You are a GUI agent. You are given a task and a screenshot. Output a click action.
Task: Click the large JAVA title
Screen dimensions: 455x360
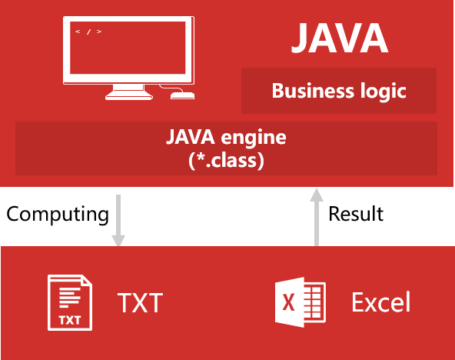340,38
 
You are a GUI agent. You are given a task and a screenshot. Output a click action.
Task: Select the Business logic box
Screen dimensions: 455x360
339,91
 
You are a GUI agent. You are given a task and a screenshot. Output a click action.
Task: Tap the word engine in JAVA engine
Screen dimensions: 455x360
254,138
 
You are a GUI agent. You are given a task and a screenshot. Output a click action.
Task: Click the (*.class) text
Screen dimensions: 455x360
226,160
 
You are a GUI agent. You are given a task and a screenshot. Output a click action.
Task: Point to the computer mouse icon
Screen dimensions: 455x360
182,95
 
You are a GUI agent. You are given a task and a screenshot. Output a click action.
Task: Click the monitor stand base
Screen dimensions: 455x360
129,95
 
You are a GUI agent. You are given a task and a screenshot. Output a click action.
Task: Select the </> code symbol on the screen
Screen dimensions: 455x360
88,32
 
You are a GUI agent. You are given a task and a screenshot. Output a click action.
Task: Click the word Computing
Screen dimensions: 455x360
58,215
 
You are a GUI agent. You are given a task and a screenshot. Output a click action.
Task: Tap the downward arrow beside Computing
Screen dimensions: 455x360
118,221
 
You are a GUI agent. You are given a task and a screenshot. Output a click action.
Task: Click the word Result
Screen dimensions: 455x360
356,214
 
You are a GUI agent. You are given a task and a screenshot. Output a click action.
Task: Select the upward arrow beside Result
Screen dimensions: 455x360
317,217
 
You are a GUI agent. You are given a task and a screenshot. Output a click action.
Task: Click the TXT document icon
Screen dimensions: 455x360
70,302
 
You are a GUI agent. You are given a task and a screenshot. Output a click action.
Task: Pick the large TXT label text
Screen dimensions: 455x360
140,302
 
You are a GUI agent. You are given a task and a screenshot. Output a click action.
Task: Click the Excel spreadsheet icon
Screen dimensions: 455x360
300,302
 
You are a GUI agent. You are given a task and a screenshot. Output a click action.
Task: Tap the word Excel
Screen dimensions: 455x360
381,302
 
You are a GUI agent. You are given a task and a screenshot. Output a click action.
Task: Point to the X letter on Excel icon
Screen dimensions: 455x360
288,302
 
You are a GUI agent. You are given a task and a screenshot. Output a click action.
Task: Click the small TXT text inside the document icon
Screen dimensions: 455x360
70,320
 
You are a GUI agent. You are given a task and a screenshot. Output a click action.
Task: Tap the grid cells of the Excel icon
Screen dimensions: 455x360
316,302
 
